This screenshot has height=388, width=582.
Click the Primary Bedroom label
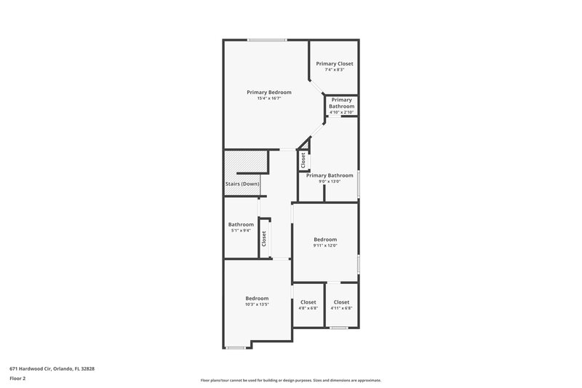pos(269,92)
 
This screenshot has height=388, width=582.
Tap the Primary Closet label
pos(335,64)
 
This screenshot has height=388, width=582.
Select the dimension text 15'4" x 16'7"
pos(269,98)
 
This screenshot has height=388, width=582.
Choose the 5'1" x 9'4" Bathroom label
pos(241,224)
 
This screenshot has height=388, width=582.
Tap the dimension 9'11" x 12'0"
pos(325,245)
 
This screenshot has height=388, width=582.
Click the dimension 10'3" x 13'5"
pos(257,304)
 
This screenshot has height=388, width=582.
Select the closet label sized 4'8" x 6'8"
pos(308,302)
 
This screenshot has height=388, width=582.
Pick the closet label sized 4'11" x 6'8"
pos(342,302)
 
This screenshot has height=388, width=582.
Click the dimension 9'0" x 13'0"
pos(330,181)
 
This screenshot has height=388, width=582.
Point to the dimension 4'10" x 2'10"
pos(341,112)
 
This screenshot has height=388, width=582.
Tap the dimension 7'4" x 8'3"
pos(335,70)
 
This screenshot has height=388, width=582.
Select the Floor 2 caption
pos(18,379)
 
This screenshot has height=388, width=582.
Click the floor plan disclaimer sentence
pos(291,380)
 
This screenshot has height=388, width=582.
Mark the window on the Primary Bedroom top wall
pos(266,39)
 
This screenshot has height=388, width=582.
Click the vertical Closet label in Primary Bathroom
pos(303,159)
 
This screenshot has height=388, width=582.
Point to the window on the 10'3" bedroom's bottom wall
pos(234,347)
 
